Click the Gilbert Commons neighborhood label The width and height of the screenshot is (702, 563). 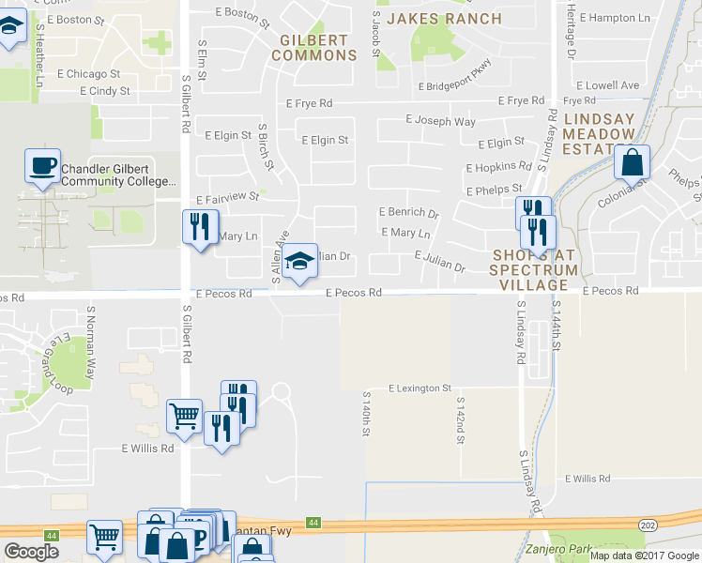click(x=314, y=48)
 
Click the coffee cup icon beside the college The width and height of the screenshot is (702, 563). click(x=42, y=166)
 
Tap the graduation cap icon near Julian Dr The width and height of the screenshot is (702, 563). click(x=300, y=261)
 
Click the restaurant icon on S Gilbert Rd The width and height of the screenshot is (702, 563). click(x=199, y=226)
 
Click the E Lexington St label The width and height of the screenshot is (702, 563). click(x=420, y=388)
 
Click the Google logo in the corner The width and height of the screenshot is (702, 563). click(x=31, y=551)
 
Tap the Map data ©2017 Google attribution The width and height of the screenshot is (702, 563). click(x=644, y=555)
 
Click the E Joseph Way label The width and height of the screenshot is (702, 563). click(x=440, y=121)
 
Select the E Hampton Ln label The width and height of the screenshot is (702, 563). click(x=615, y=18)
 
